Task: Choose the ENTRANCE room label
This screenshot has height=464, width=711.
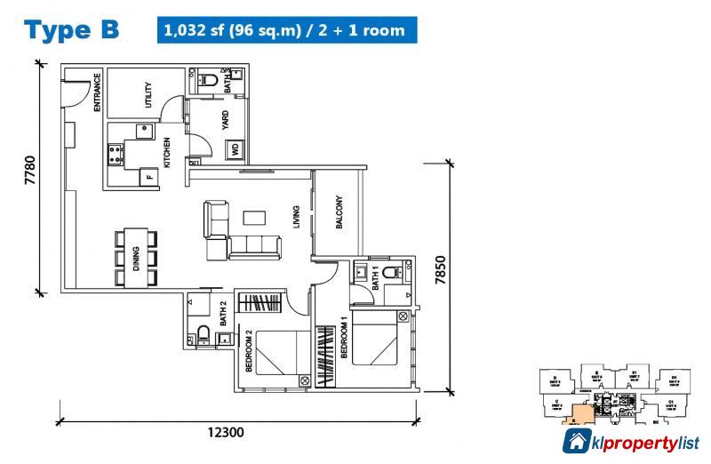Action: coord(97,92)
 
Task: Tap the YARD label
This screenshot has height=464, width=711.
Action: coord(225,119)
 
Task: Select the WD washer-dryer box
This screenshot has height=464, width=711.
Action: coord(236,150)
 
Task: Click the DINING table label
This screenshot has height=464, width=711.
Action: coord(136,259)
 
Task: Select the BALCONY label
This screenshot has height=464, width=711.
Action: coord(339,212)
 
